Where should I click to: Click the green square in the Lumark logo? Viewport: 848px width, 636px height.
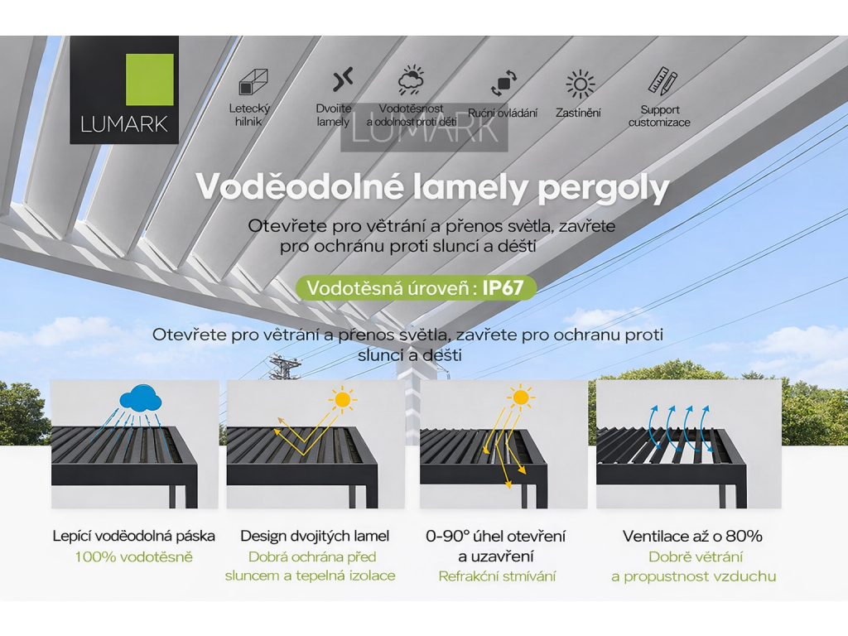point(149,79)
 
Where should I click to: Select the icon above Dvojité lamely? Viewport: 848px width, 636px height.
point(343,80)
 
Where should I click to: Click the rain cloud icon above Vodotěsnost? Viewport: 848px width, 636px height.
point(411,81)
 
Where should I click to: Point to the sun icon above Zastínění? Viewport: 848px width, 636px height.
point(580,84)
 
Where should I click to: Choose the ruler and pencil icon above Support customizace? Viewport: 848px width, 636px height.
point(662,81)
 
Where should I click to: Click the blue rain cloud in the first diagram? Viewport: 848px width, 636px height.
point(140,399)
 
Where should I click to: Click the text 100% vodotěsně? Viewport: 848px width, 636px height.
point(133,556)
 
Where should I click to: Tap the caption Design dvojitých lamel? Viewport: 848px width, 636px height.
point(315,536)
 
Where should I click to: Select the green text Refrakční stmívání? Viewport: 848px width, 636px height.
point(497,576)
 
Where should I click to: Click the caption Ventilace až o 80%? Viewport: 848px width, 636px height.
point(692,536)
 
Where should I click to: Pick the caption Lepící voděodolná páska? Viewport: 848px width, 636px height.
point(133,536)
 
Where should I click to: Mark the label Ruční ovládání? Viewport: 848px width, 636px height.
point(503,113)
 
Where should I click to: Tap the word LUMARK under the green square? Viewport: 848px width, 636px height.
point(124,125)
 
